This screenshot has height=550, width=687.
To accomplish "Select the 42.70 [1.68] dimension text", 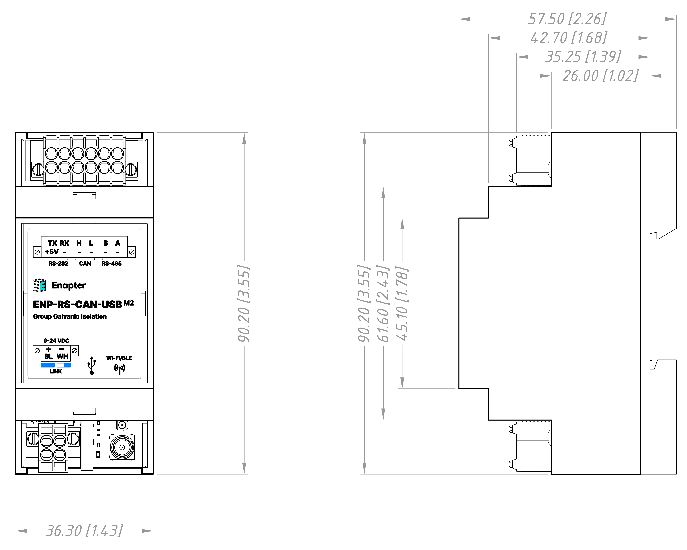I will point(569,38).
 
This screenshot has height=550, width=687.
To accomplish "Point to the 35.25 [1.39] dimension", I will point(583,57).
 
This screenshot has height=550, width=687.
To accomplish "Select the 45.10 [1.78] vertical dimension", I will point(402,303).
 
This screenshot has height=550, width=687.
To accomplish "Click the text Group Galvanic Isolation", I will point(70,317).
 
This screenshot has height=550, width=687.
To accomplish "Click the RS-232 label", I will point(58,263).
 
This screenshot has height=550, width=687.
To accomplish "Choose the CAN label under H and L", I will point(85,263).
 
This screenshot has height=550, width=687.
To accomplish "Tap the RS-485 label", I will point(111,263).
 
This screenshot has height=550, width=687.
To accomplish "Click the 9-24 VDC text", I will point(56,341).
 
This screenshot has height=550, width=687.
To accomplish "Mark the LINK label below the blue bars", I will point(56,371).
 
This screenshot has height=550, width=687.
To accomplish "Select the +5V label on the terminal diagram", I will point(52,252).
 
